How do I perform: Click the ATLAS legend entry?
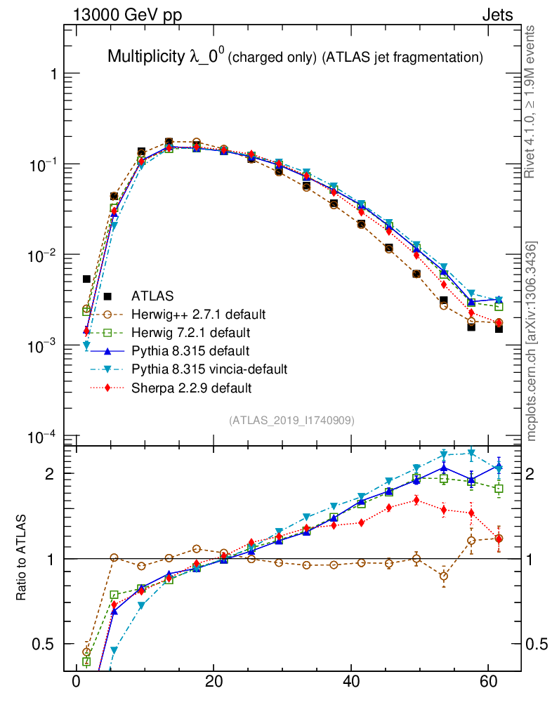click(152, 296)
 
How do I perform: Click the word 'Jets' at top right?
click(497, 15)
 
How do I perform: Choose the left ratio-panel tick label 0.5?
click(44, 644)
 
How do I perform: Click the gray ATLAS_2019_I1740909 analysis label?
click(291, 421)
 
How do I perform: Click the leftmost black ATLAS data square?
click(86, 279)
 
